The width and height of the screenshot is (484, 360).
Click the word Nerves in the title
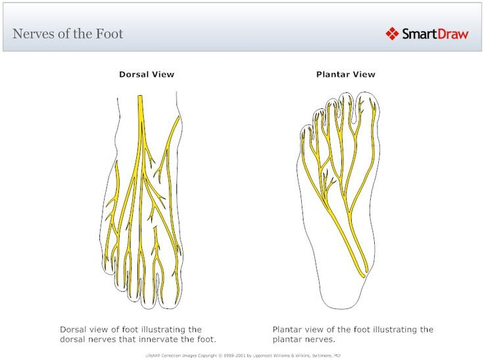(x=33, y=34)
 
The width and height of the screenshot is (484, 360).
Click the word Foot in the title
(x=107, y=34)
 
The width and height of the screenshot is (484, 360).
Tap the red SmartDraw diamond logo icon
(x=392, y=33)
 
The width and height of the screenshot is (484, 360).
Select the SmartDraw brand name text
(x=435, y=34)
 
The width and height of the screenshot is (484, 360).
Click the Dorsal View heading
(x=146, y=74)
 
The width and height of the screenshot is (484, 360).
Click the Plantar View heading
(x=345, y=74)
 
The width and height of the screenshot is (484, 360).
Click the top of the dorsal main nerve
(x=140, y=98)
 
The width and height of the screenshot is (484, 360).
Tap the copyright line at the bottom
(x=243, y=355)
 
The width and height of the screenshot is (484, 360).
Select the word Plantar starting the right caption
(x=287, y=329)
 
